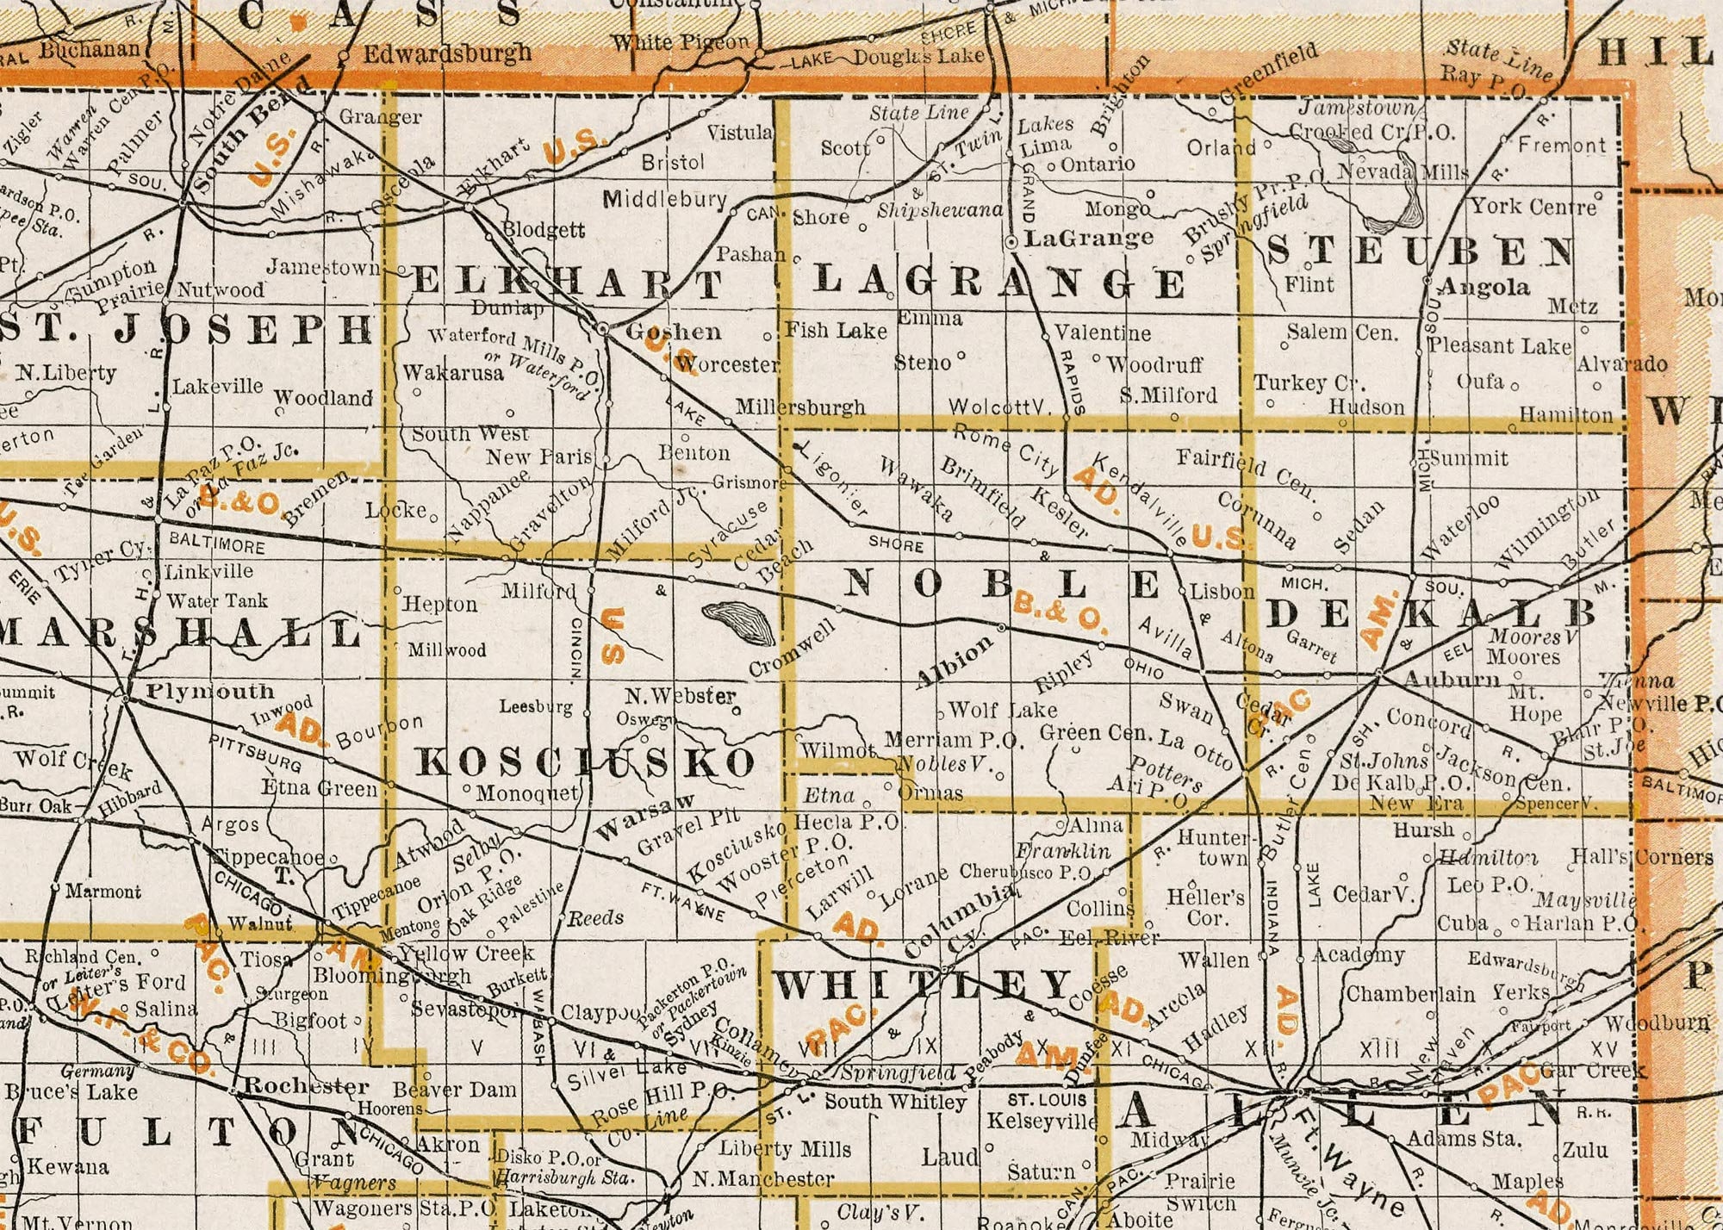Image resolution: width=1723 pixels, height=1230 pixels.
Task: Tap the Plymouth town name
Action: click(x=210, y=691)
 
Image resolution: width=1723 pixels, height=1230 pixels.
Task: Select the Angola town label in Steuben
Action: click(x=1484, y=287)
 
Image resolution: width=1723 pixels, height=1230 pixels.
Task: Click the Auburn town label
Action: click(x=1452, y=680)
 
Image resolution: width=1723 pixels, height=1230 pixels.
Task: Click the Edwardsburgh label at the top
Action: click(x=447, y=54)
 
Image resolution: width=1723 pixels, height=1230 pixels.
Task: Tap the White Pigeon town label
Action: click(x=680, y=41)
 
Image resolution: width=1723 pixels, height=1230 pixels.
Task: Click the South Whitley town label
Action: click(x=895, y=1102)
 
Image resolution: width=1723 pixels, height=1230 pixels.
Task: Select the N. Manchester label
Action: click(x=763, y=1178)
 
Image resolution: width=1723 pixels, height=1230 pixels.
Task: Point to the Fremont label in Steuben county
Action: click(x=1562, y=146)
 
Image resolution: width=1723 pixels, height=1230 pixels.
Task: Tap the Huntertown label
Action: click(x=1213, y=848)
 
